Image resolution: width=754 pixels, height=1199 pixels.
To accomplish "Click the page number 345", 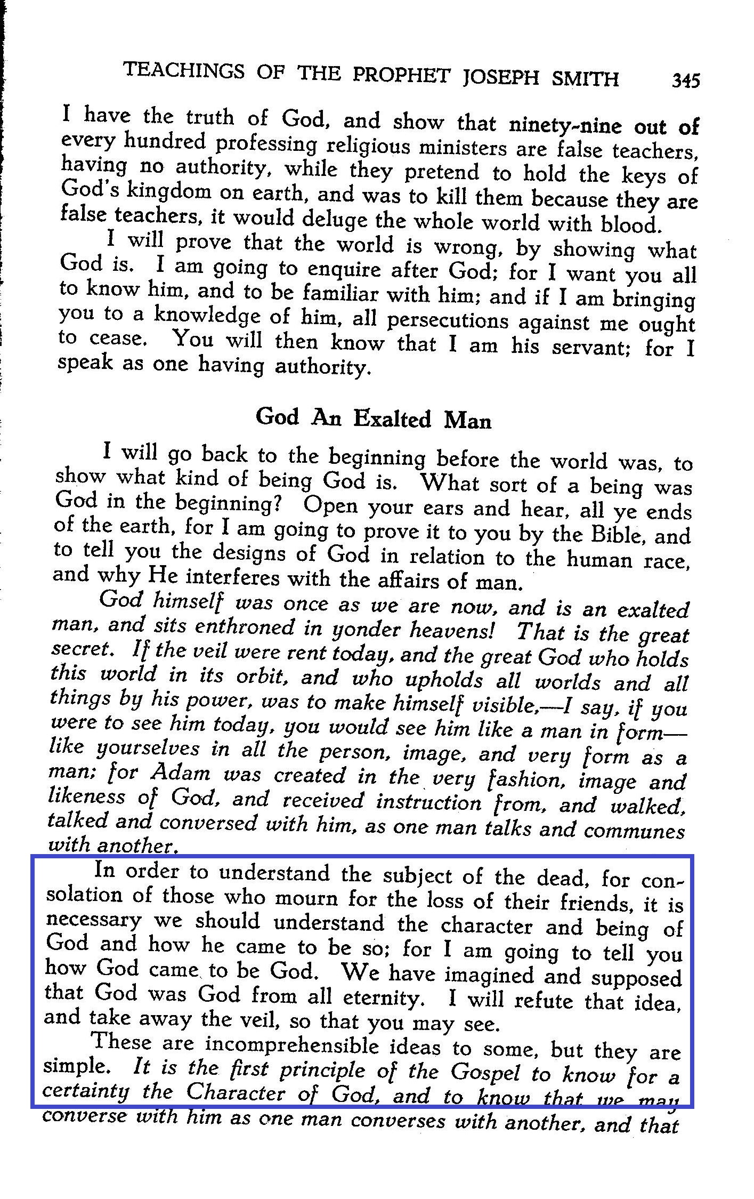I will [685, 81].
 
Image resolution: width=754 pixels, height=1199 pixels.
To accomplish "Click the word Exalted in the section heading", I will [393, 419].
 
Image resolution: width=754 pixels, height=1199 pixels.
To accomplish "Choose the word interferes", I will [231, 578].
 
